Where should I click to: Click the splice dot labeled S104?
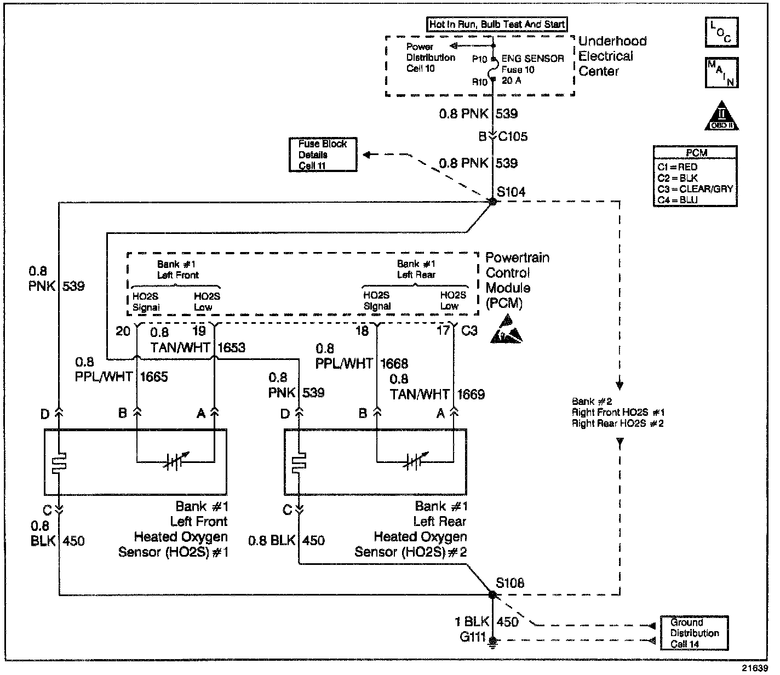point(492,202)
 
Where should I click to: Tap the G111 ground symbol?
point(492,640)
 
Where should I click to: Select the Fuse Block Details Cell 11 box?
point(323,155)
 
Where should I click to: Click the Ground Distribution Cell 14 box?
point(694,633)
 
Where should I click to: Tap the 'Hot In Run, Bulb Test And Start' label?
point(497,24)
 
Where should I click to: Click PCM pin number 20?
point(123,331)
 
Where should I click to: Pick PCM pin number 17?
point(443,331)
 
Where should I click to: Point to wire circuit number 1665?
point(154,377)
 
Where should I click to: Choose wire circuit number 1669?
point(471,394)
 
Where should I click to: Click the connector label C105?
point(513,136)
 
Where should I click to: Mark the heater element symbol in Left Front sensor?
point(59,462)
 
